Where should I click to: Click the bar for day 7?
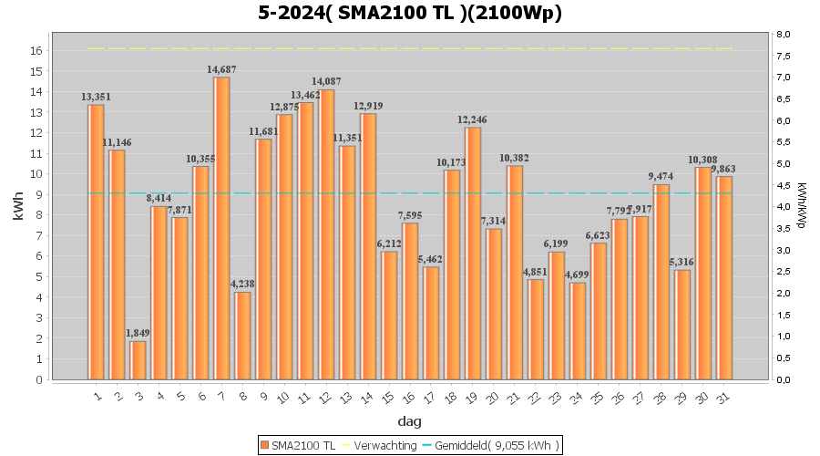pyautogui.click(x=221, y=228)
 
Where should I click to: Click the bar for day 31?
pyautogui.click(x=724, y=277)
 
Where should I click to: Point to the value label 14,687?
pyautogui.click(x=221, y=70)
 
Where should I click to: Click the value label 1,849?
pyautogui.click(x=138, y=334)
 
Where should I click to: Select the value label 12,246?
pyautogui.click(x=473, y=120)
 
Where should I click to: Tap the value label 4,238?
pyautogui.click(x=242, y=285)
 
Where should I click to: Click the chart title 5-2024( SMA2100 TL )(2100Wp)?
pyautogui.click(x=409, y=13)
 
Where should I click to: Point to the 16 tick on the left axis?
pyautogui.click(x=36, y=50)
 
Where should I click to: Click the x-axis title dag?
pyautogui.click(x=409, y=421)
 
